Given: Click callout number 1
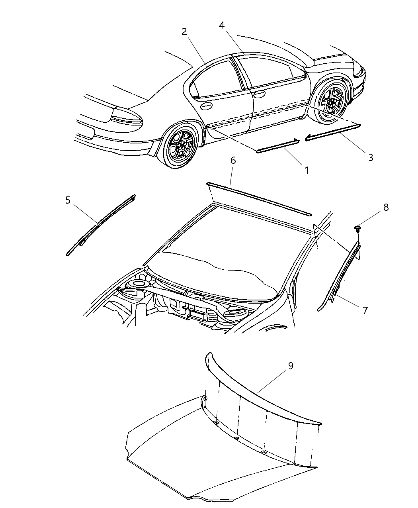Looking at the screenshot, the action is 307,170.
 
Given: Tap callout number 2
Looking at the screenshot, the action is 184,31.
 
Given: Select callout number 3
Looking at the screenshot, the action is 371,157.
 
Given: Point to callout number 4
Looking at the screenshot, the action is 221,25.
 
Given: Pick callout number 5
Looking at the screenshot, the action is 68,200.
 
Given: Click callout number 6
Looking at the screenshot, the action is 233,160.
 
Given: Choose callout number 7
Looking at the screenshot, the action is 365,310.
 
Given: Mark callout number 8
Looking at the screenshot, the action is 386,208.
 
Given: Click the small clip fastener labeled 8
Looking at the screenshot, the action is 357,229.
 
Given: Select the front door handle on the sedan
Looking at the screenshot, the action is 259,94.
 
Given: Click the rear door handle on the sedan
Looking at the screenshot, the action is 205,106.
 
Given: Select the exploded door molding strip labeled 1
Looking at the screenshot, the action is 277,146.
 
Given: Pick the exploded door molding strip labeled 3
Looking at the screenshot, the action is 333,133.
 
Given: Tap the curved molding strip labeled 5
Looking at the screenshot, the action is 101,225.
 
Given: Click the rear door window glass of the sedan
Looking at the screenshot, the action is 214,79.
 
